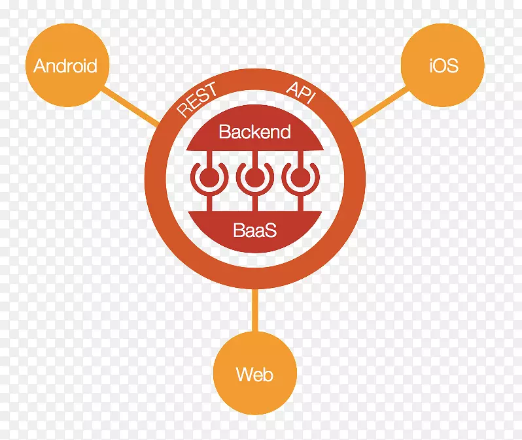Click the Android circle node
click(x=65, y=65)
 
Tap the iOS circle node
click(x=444, y=65)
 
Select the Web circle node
click(x=254, y=374)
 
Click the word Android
click(x=65, y=66)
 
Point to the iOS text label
click(x=444, y=66)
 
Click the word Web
click(x=254, y=375)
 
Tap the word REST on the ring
click(x=197, y=100)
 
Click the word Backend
click(x=254, y=132)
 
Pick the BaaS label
click(x=254, y=230)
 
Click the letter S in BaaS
click(x=271, y=230)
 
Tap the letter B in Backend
click(x=224, y=132)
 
